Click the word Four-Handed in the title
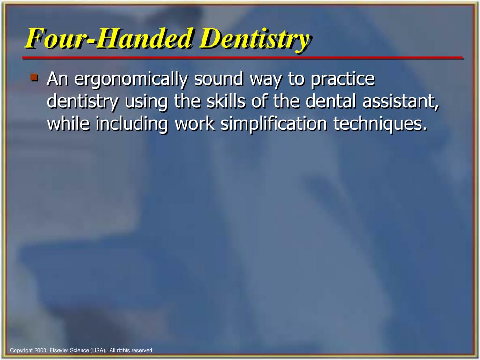pyautogui.click(x=109, y=38)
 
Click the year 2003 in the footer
pyautogui.click(x=39, y=350)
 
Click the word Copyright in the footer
pyautogui.click(x=21, y=350)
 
